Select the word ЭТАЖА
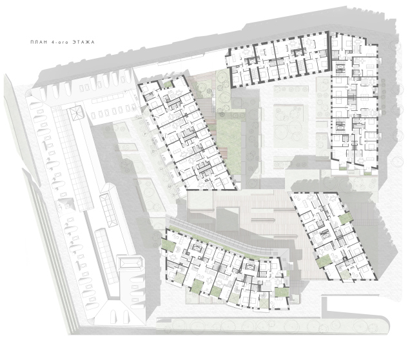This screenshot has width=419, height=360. (84, 43)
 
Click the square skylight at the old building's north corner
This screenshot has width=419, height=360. (77, 113)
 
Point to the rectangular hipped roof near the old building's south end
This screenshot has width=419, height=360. (130, 263)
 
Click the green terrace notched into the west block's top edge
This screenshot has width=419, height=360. (168, 85)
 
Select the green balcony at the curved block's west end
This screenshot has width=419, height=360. (168, 245)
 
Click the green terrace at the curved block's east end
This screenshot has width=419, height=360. (281, 292)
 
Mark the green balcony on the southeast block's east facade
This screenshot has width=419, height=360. (344, 219)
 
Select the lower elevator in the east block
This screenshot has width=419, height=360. (340, 125)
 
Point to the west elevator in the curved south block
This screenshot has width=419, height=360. (197, 248)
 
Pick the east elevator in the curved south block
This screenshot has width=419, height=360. (249, 266)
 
